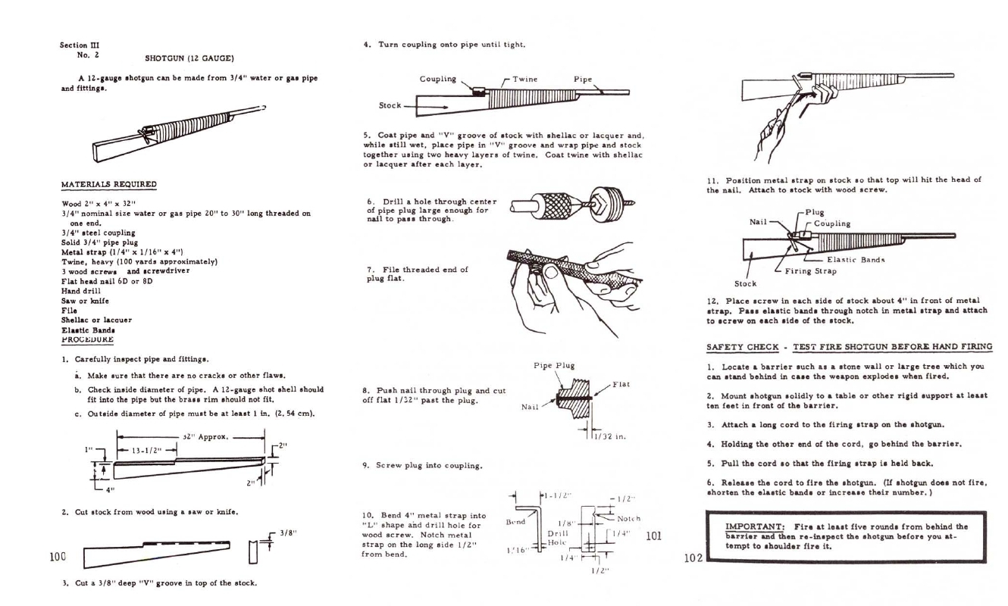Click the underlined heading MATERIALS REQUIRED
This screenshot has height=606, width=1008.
point(108,185)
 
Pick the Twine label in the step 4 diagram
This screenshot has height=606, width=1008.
point(527,79)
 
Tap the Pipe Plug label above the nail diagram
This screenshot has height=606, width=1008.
point(554,366)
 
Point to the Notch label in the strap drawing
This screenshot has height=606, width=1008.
point(628,519)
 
